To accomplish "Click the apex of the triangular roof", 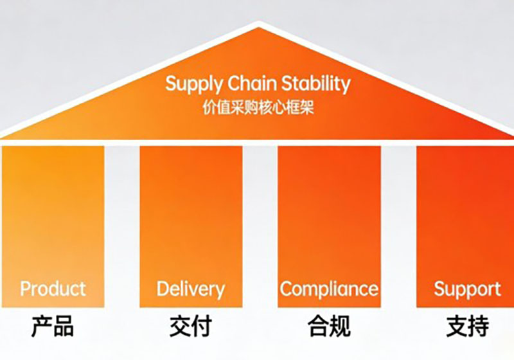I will tap(258, 25).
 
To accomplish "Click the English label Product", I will tap(53, 289).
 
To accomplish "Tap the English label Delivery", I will tap(191, 289).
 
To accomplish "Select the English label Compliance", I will tap(329, 289).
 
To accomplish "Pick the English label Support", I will tap(467, 289).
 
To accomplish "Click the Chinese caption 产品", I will tap(53, 327).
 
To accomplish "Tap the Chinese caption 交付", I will tap(191, 327).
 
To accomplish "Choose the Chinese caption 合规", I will tap(329, 327).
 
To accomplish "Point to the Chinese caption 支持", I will tap(467, 327).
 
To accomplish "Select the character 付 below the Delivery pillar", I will tap(202, 327).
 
